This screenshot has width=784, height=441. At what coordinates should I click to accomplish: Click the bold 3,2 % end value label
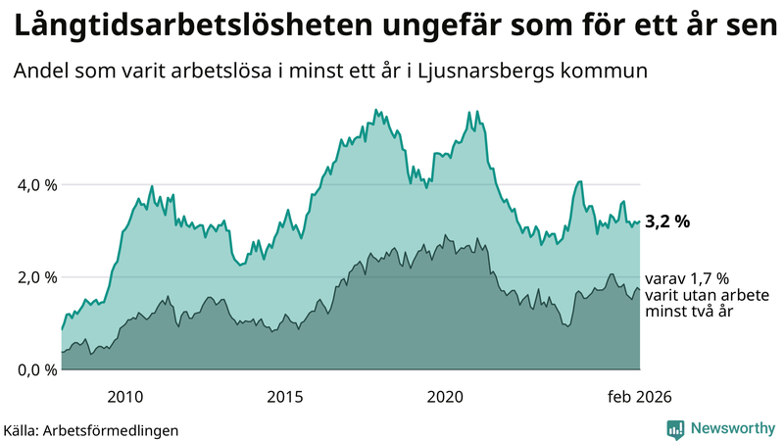[667, 221]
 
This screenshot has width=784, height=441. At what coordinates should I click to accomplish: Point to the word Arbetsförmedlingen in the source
[117, 429]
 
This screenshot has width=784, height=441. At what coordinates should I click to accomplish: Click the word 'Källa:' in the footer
[26, 429]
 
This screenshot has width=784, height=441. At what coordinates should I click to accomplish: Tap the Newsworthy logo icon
[675, 428]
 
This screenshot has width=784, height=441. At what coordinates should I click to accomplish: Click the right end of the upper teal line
[640, 221]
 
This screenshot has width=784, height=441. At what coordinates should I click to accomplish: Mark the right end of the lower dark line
[640, 290]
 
